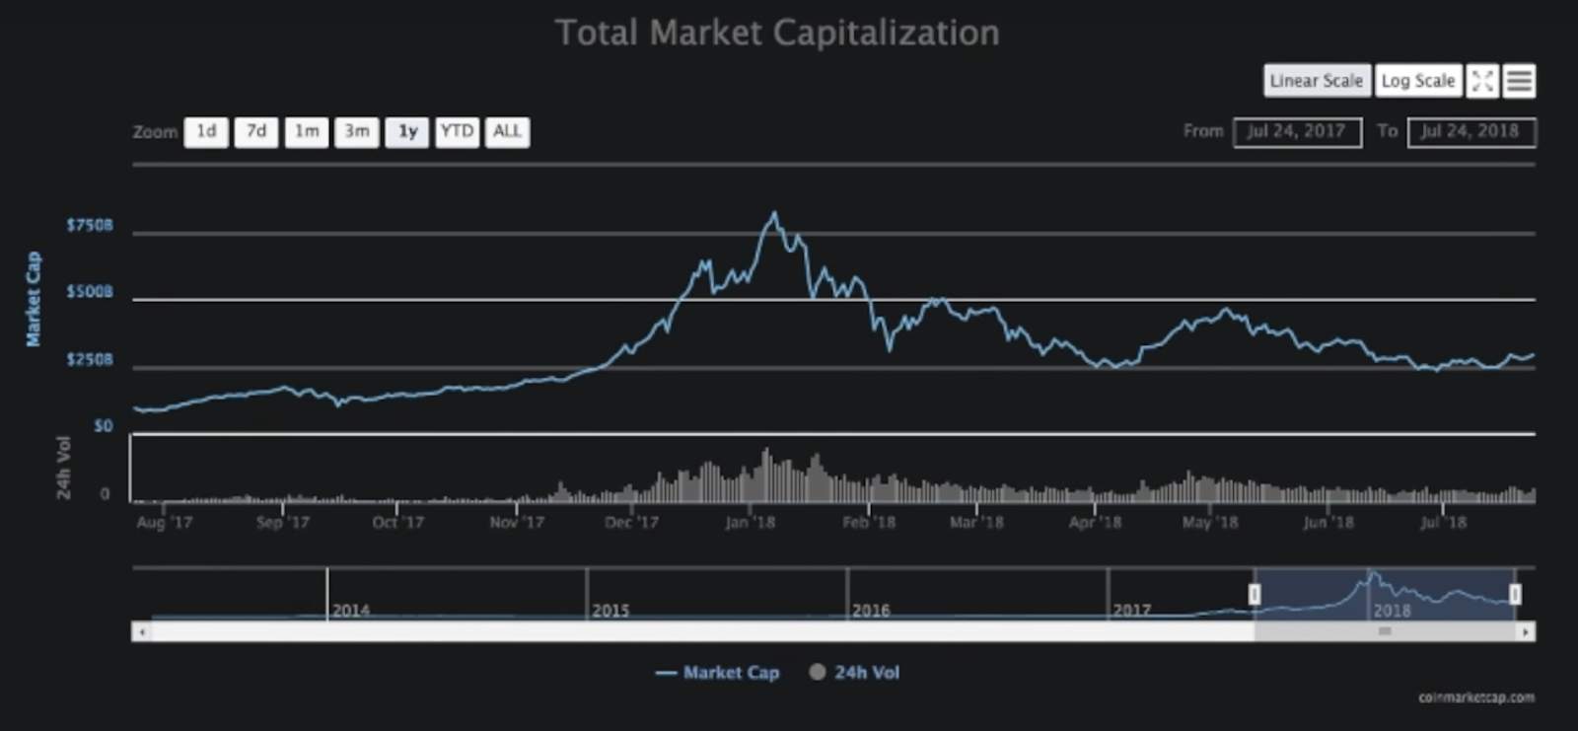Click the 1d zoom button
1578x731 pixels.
click(206, 131)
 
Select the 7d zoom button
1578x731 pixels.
click(256, 131)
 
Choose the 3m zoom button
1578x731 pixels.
click(356, 131)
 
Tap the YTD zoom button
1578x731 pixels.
click(457, 131)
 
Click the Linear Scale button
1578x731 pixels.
click(1317, 81)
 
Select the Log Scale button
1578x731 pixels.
click(1418, 81)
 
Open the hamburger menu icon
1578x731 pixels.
click(1520, 81)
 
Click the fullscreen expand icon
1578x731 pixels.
click(1482, 81)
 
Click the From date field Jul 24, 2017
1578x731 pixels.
click(1297, 131)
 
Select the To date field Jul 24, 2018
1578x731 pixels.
click(1471, 131)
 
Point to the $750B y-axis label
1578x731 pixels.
click(90, 225)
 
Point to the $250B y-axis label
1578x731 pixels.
click(90, 360)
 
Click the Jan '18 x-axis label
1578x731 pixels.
click(750, 522)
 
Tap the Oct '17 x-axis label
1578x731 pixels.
click(397, 522)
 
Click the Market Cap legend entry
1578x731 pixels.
click(718, 673)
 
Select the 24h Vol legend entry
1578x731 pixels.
click(855, 673)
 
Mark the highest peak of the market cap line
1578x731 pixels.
click(774, 213)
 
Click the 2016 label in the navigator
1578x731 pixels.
click(871, 611)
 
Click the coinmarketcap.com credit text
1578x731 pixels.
click(1476, 697)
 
